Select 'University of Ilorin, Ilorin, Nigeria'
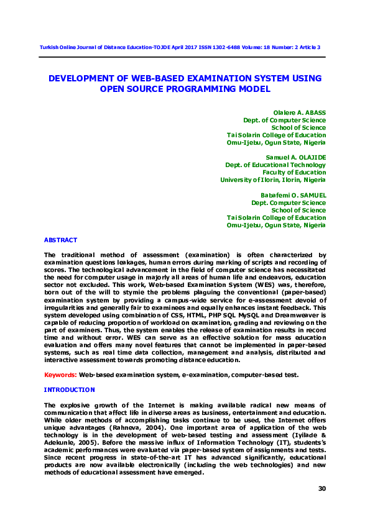[273, 180]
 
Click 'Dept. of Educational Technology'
[275, 165]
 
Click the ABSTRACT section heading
[60, 240]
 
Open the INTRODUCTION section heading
[69, 389]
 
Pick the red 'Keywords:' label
[60, 375]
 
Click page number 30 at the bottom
[321, 489]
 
